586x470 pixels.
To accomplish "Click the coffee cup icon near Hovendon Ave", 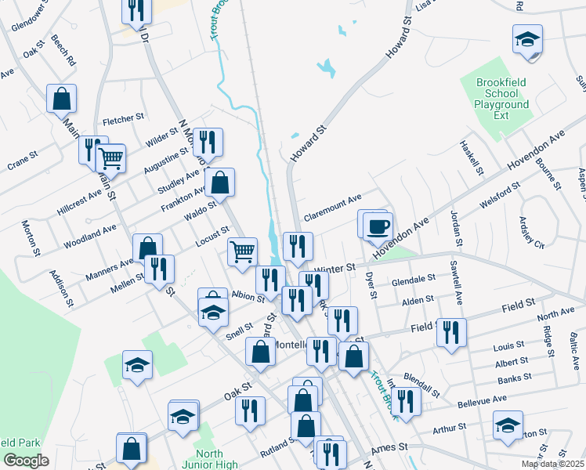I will coord(378,225).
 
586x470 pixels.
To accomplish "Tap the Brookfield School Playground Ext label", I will coord(501,99).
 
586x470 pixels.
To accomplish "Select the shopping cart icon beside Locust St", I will coord(243,251).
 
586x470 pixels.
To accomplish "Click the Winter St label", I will coord(329,269).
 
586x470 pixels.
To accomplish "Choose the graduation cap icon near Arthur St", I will coord(508,426).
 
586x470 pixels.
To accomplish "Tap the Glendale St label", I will coord(413,280).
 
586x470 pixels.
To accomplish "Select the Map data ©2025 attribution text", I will coord(552,464).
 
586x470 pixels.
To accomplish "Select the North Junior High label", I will coord(211,459).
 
